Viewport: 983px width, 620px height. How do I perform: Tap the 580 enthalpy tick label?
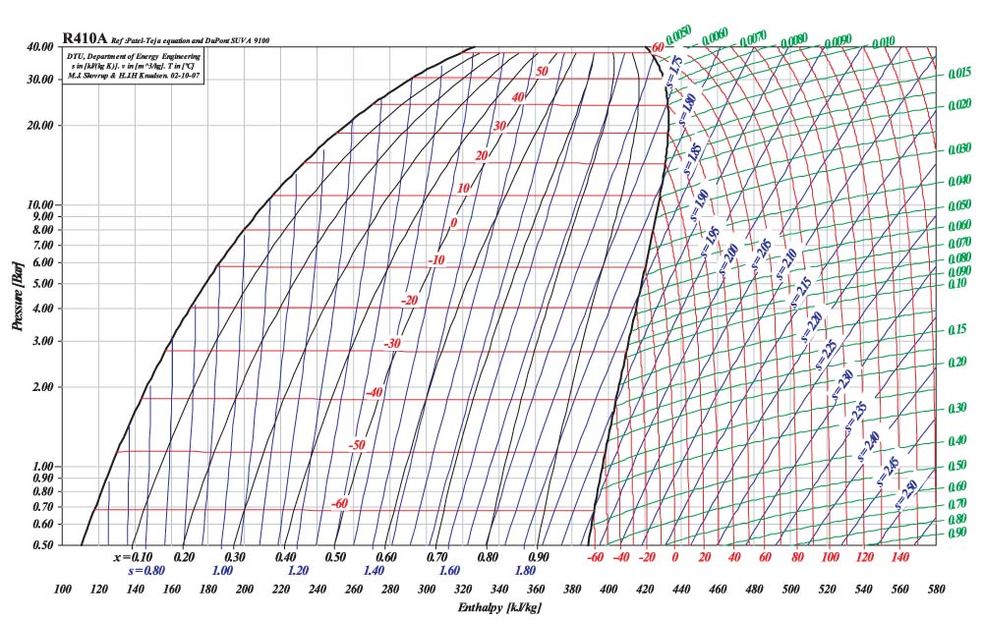[935, 590]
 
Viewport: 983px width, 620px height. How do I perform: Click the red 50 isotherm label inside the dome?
[541, 71]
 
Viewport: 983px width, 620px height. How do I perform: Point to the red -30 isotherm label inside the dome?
[392, 344]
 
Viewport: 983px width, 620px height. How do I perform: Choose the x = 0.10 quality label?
[132, 557]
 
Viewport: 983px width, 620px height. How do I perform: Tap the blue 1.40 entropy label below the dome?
[374, 571]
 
